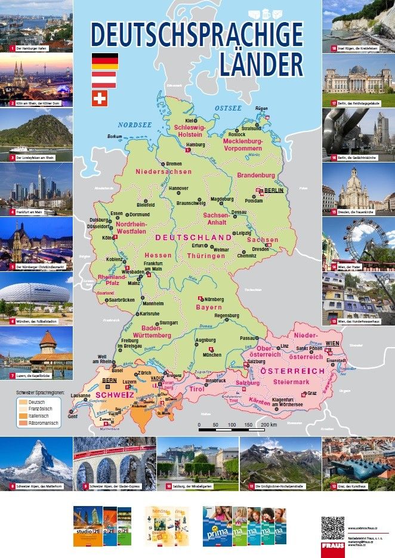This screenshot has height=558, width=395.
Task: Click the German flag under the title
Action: pos(104,61)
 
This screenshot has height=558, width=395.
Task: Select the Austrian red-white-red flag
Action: pos(104,79)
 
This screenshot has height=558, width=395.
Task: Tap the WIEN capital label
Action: pos(333,343)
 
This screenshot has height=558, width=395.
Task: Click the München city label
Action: pos(212,355)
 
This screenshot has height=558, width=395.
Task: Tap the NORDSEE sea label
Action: pos(135,124)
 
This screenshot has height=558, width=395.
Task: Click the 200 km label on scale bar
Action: pos(269,425)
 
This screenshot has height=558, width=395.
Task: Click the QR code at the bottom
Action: pos(332,528)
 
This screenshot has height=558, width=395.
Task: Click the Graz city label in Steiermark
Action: pos(311,393)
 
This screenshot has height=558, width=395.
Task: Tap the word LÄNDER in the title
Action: pos(260,65)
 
